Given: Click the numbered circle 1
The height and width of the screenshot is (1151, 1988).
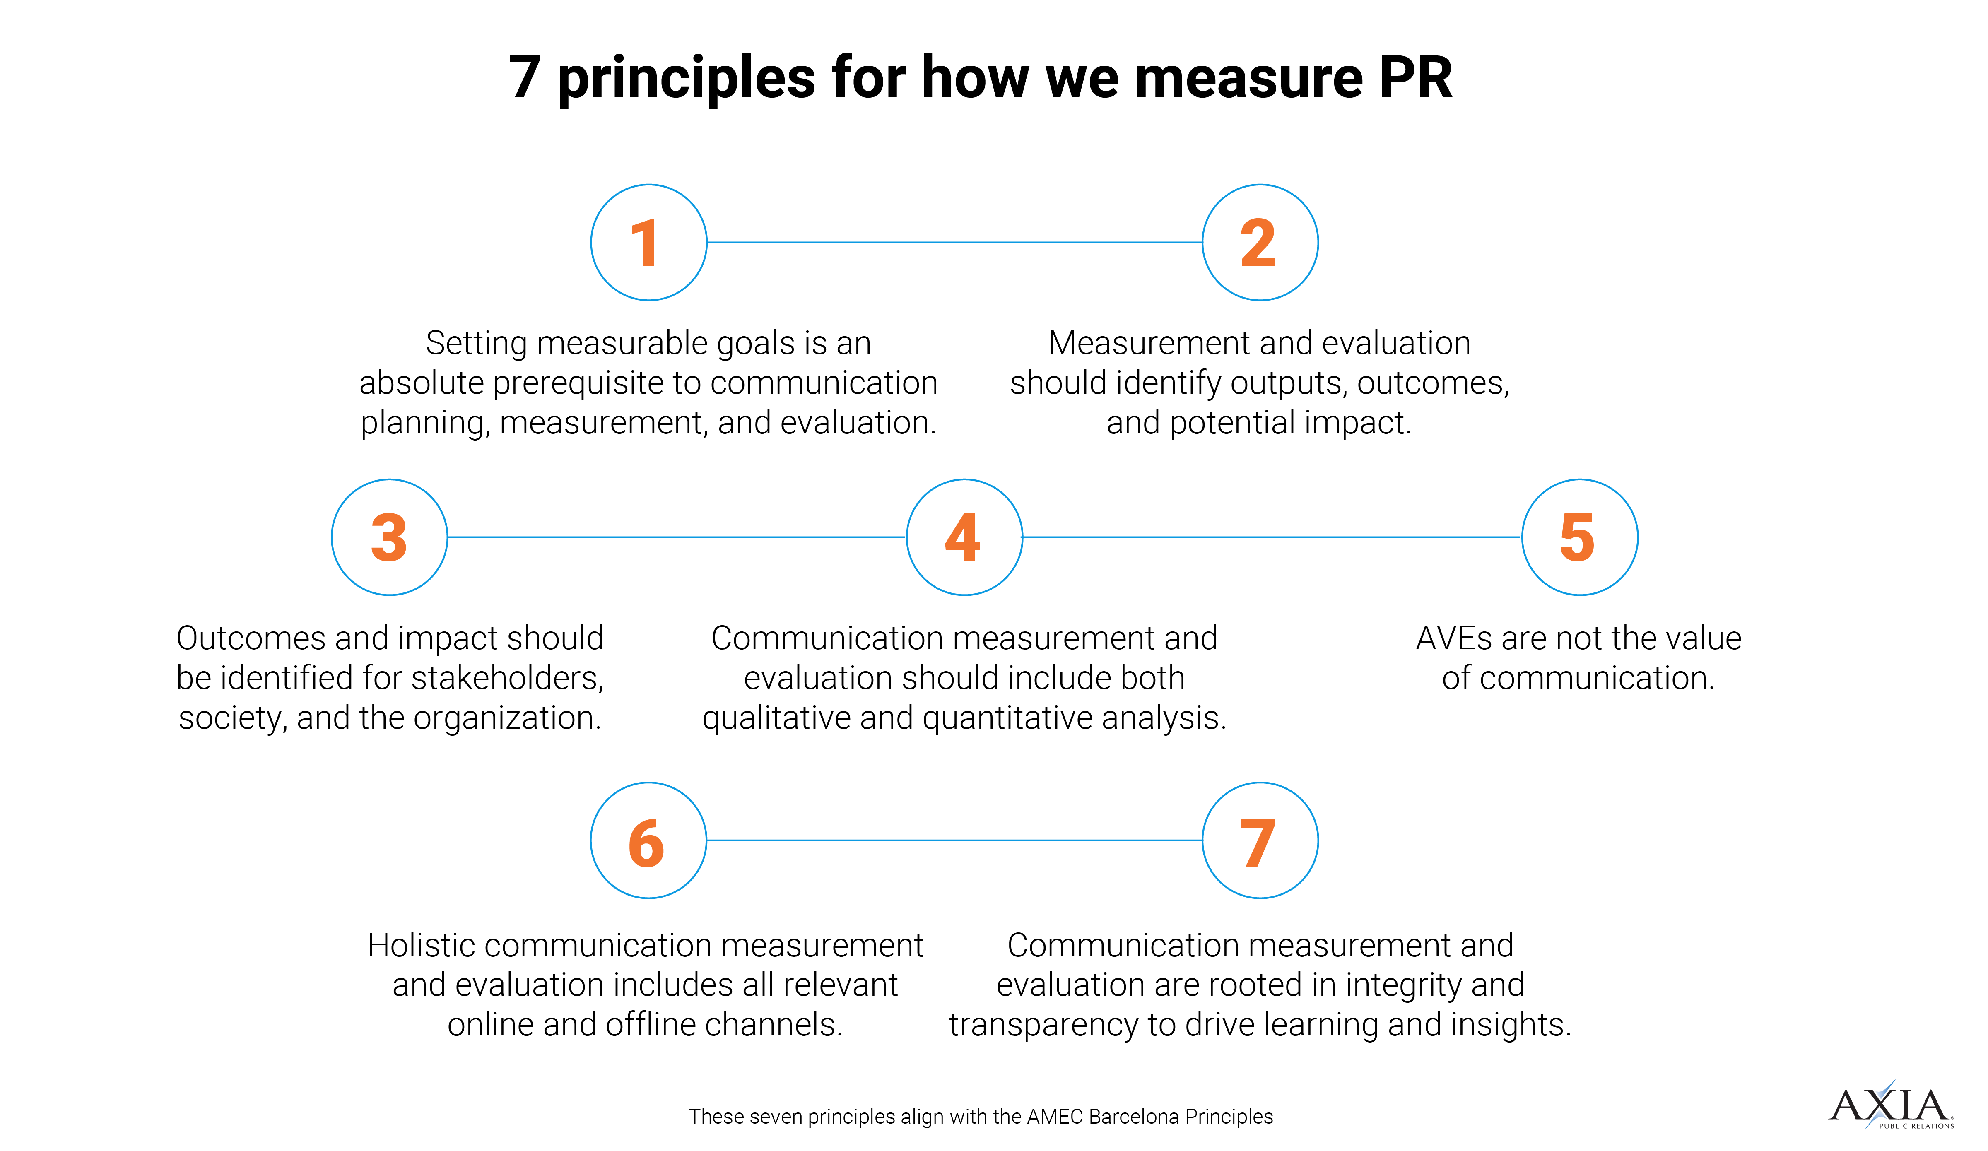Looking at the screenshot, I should tap(648, 242).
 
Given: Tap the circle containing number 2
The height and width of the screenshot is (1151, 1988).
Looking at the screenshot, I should tap(1260, 242).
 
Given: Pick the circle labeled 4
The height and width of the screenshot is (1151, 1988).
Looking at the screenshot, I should tap(964, 537).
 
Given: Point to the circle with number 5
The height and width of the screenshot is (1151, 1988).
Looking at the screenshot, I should tap(1579, 537).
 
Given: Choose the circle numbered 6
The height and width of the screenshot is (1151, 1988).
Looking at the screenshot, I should tap(648, 840).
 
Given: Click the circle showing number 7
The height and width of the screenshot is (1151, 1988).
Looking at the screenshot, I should tap(1260, 840).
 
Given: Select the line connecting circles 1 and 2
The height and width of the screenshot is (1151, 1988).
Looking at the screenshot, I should tap(954, 242).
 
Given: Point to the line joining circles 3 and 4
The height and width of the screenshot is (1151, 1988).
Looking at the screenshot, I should tap(676, 537).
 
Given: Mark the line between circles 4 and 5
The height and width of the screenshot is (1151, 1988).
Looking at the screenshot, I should tap(1272, 537).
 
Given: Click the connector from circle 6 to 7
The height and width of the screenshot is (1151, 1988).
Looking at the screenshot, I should tap(954, 840).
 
